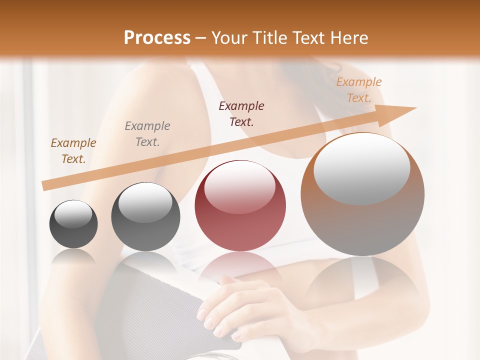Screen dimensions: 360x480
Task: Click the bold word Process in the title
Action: coord(157,37)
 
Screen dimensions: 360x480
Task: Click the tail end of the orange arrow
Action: coord(45,185)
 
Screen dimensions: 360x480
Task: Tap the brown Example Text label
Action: coord(73,151)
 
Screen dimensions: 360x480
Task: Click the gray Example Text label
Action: coord(147,134)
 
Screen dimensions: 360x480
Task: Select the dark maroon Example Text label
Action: coord(241,114)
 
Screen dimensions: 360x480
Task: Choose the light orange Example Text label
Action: coord(358,90)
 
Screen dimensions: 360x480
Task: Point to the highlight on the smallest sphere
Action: coord(73,214)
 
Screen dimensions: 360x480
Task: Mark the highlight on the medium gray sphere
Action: coord(145,202)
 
